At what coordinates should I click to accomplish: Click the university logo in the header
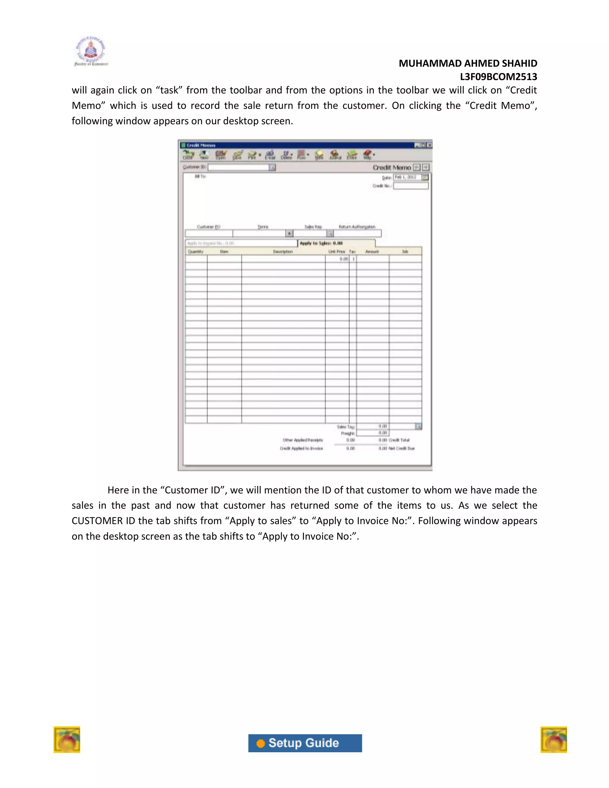tap(91, 51)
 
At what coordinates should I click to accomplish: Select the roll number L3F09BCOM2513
tap(498, 77)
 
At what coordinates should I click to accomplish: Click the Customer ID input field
tap(238, 167)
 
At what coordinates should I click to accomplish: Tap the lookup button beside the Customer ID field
tap(272, 167)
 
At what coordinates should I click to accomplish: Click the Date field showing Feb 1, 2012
tap(407, 177)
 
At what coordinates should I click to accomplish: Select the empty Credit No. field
tap(411, 186)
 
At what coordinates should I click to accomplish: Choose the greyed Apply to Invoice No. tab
tap(241, 243)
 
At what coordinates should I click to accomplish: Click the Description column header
tap(283, 252)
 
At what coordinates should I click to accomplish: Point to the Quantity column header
tap(196, 252)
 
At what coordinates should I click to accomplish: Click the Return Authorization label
tap(357, 227)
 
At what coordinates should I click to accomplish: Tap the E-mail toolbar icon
tap(270, 155)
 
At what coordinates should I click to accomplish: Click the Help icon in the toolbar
tap(367, 155)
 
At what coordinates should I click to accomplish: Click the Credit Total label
tap(399, 440)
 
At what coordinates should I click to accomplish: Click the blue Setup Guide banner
tap(305, 743)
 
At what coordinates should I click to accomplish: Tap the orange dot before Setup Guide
tap(260, 744)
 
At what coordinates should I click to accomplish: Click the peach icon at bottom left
tap(67, 740)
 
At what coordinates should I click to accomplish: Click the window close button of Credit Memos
tap(429, 145)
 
